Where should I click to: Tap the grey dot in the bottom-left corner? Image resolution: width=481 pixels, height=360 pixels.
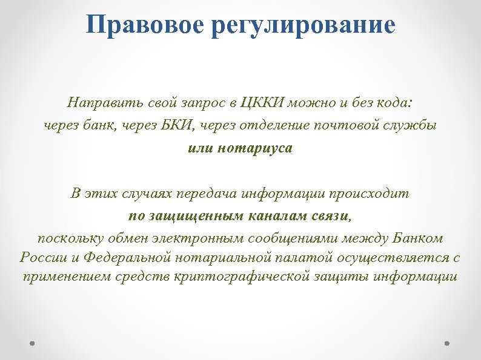click(33, 342)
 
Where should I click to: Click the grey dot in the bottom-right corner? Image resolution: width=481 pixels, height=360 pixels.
click(448, 342)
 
